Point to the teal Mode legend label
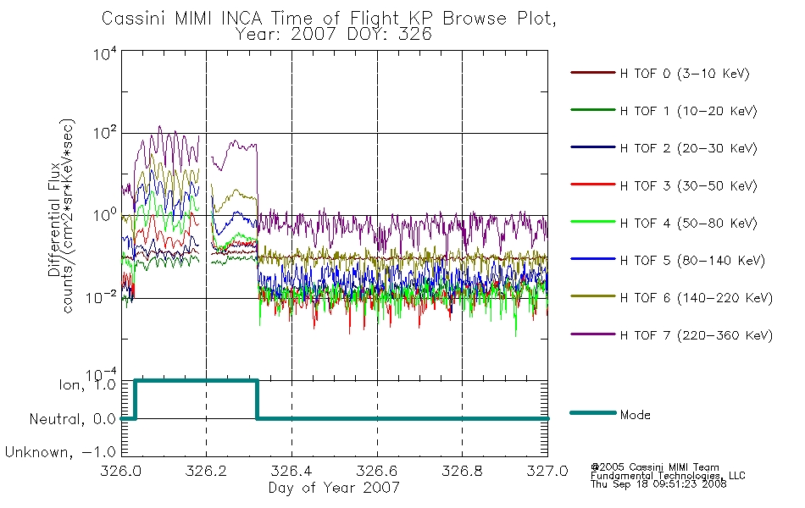coord(635,415)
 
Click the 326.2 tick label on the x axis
coord(206,471)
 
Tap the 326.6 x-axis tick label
coord(377,471)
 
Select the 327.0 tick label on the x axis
coord(547,471)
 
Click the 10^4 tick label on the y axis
coord(105,53)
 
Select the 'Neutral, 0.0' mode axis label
coord(72,419)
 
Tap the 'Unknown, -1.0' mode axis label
coord(60,452)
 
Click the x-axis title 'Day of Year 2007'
coord(334,488)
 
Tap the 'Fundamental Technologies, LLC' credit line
coord(668,476)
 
